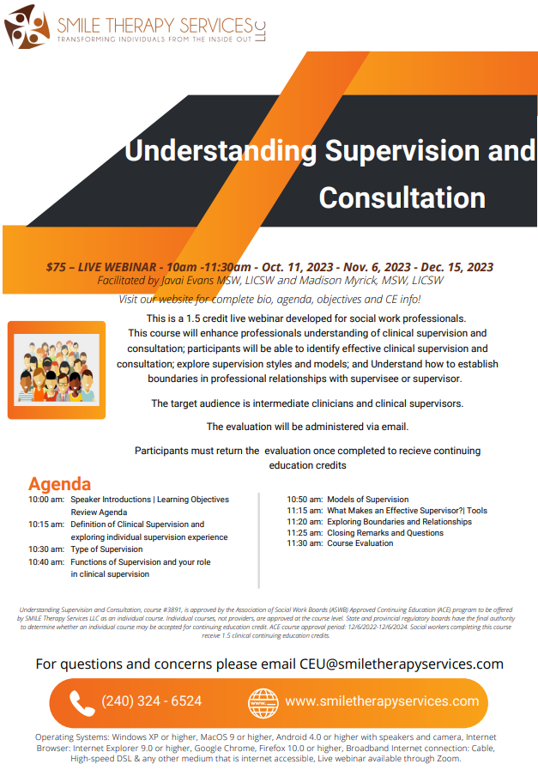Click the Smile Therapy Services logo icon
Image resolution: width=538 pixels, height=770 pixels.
25,26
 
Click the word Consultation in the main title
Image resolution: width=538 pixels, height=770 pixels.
402,197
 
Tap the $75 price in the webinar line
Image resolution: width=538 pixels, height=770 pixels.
57,267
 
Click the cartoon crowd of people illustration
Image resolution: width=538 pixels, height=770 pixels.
57,371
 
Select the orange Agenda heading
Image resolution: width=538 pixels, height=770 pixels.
59,484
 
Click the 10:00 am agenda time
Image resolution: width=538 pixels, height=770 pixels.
45,500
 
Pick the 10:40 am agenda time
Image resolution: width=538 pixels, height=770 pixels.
45,562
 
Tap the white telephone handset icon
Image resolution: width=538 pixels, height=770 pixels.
82,702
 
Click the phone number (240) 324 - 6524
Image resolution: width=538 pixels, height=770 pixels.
152,701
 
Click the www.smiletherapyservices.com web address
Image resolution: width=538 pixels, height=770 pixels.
382,701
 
